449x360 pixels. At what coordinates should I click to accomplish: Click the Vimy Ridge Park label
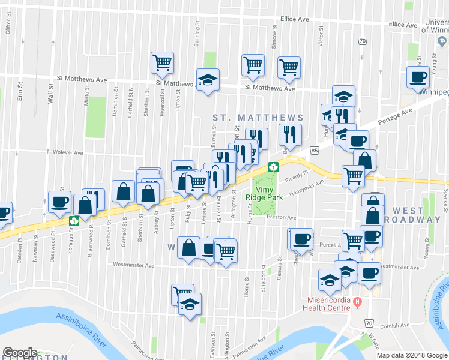pyautogui.click(x=259, y=193)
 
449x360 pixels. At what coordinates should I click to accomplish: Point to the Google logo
pyautogui.click(x=19, y=353)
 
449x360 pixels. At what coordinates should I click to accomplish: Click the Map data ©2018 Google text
pyautogui.click(x=412, y=355)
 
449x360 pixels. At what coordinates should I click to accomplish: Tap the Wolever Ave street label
pyautogui.click(x=67, y=153)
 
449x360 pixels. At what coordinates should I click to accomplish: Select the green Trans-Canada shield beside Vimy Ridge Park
pyautogui.click(x=273, y=167)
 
